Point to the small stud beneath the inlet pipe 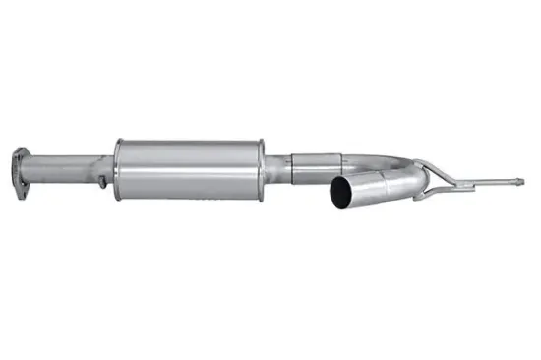[101, 183]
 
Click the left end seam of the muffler [118, 169]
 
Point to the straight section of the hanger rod [487, 183]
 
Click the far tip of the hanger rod [521, 182]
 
